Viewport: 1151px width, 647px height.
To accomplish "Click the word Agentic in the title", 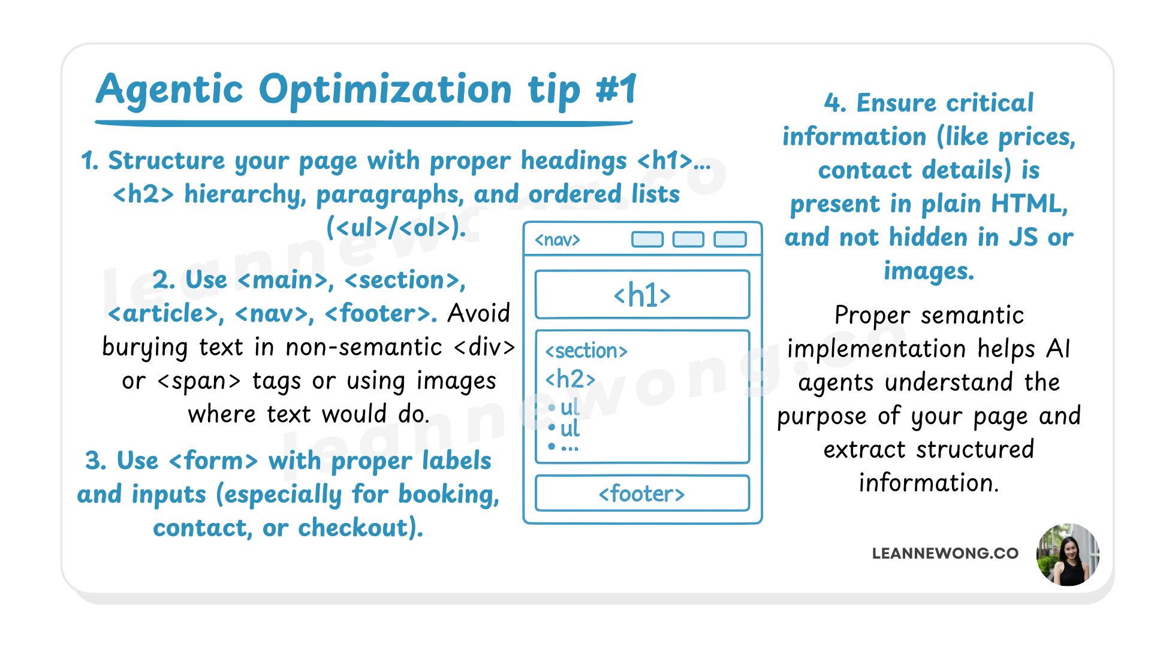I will click(x=170, y=90).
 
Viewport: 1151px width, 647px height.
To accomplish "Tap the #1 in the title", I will click(x=616, y=90).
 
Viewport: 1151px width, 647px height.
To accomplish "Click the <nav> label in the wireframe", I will click(x=558, y=240).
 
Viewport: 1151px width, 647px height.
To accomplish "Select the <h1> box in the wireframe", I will click(x=642, y=295).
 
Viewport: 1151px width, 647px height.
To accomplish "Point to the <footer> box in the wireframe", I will click(x=642, y=494).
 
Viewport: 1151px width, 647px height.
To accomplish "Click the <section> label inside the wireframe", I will click(x=586, y=351).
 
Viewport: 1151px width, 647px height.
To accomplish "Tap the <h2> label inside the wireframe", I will click(x=570, y=379).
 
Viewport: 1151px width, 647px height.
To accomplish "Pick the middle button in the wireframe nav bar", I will click(x=688, y=240).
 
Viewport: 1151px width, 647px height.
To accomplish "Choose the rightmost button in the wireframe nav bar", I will click(x=730, y=240).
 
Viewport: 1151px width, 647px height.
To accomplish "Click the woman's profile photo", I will click(x=1068, y=555).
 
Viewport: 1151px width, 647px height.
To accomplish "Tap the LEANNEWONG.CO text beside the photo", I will click(x=945, y=554).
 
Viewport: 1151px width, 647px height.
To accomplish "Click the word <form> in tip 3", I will click(x=213, y=461).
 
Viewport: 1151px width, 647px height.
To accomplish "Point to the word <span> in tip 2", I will click(x=199, y=381).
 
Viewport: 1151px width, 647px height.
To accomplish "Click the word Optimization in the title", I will click(x=385, y=90).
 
